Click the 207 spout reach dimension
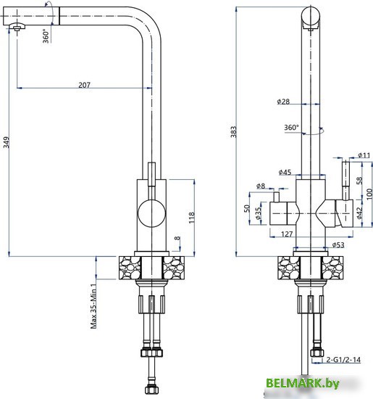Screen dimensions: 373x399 [x=84, y=85]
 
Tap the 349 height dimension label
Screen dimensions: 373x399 [x=6, y=142]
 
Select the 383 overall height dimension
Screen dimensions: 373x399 [x=233, y=131]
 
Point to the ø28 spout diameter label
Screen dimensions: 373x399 [x=283, y=102]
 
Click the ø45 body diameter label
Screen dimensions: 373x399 [x=285, y=172]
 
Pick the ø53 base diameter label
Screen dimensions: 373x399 [x=338, y=244]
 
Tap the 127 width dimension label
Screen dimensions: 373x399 [x=287, y=234]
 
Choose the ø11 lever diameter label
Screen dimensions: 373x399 [x=364, y=155]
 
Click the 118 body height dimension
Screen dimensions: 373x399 [x=191, y=218]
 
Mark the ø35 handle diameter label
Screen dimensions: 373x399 [x=258, y=213]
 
